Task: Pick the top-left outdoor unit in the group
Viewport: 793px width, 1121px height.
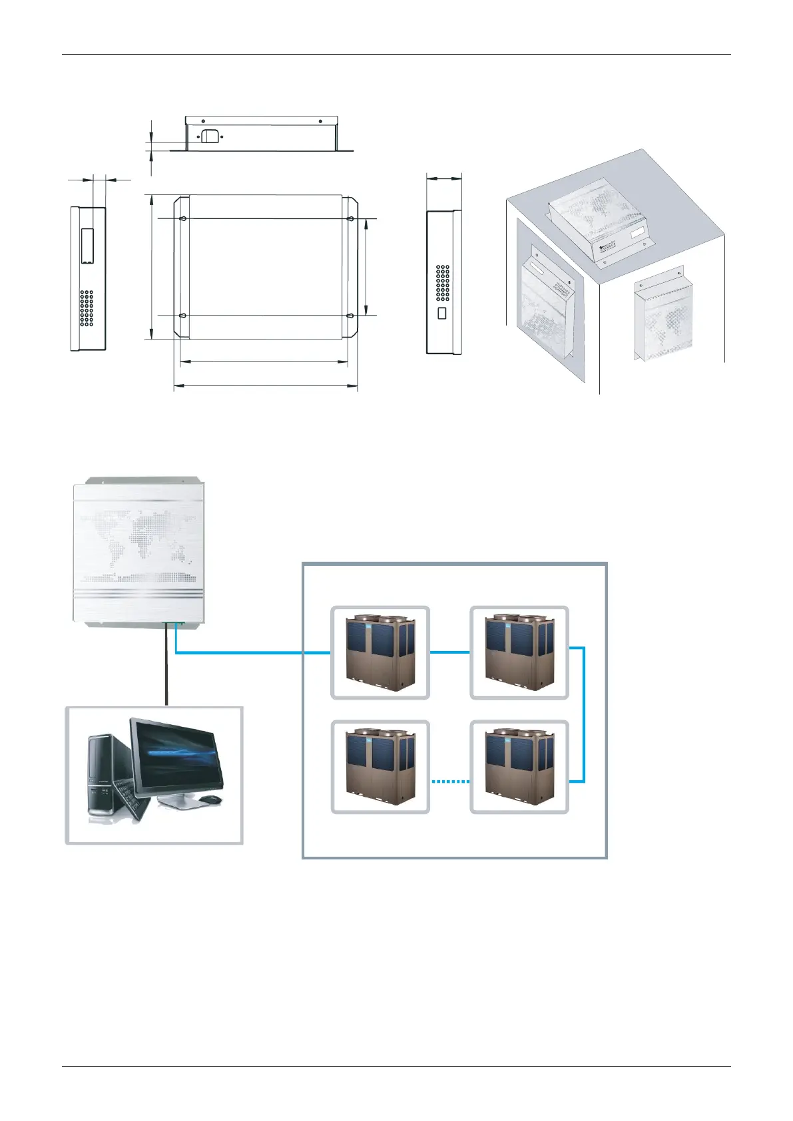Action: point(380,653)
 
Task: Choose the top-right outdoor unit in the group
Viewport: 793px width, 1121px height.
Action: point(519,653)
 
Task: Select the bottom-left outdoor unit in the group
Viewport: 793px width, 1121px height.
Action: point(380,767)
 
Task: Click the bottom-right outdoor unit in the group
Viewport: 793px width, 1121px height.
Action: point(519,767)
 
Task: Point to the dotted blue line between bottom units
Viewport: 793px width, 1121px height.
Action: point(450,782)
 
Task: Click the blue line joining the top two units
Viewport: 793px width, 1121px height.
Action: point(450,652)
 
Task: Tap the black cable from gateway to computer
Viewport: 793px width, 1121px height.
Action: point(166,666)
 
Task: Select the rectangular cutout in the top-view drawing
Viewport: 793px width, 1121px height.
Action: point(210,136)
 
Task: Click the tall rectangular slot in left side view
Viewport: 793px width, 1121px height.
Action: point(87,246)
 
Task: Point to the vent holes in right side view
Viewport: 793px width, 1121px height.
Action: point(443,283)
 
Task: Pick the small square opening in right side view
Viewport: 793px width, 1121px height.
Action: point(441,313)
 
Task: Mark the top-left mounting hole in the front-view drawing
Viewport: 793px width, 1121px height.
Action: point(182,218)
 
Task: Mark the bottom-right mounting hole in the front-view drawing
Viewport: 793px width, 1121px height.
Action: point(350,316)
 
